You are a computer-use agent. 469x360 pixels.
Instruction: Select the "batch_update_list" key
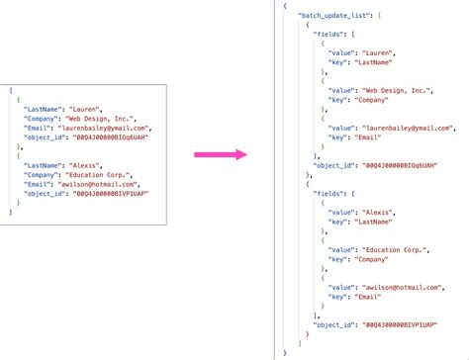[x=333, y=18]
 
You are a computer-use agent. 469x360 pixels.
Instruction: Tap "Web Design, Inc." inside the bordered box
[x=98, y=118]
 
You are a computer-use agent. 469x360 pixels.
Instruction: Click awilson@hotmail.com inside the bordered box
[x=98, y=185]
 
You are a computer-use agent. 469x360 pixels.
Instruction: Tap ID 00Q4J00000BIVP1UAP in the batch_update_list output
[x=396, y=322]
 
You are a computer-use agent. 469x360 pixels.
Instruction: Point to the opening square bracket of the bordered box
[x=9, y=89]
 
